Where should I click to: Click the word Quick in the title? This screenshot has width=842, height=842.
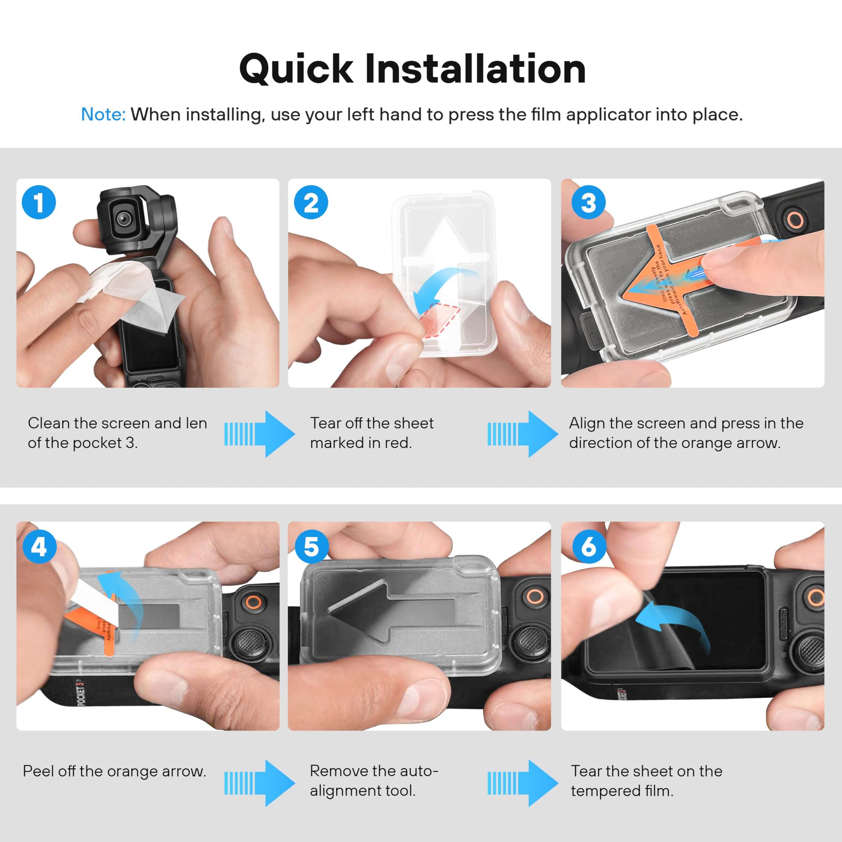296,69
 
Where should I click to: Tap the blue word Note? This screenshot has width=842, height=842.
103,114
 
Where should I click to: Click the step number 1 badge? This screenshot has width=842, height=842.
39,202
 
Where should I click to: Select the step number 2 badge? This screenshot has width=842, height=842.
311,202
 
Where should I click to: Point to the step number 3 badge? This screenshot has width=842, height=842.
588,202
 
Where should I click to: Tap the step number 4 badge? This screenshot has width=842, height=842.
39,546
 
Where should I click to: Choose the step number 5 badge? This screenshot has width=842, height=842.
311,546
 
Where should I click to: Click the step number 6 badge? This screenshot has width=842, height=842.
588,546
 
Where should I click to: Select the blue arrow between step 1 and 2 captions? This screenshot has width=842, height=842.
259,433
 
